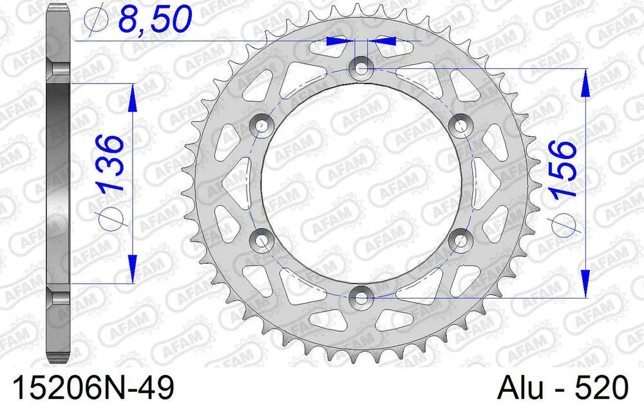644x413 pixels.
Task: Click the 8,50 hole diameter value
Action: pos(153,19)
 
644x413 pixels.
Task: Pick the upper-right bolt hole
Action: pos(460,124)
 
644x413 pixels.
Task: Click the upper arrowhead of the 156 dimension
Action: pos(585,82)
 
